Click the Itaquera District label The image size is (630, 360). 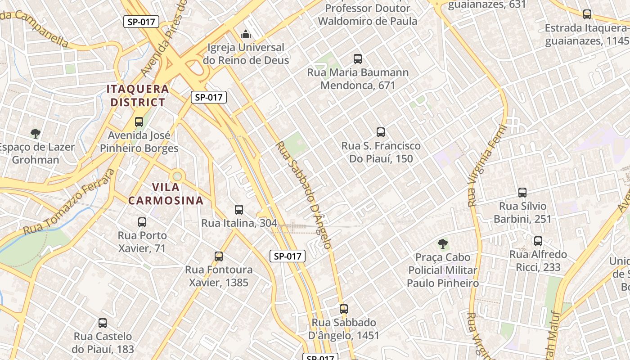pyautogui.click(x=138, y=95)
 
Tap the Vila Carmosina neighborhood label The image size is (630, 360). pyautogui.click(x=166, y=193)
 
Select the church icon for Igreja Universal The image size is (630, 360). pyautogui.click(x=245, y=34)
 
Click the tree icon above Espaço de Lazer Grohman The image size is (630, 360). pyautogui.click(x=36, y=133)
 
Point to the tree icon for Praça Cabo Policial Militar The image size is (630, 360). pyautogui.click(x=443, y=244)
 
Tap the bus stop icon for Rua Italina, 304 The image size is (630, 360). pyautogui.click(x=239, y=209)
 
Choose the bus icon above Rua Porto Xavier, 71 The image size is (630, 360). pyautogui.click(x=142, y=222)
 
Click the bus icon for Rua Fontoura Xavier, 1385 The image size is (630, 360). pyautogui.click(x=219, y=256)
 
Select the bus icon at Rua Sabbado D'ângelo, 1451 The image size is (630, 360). pyautogui.click(x=344, y=309)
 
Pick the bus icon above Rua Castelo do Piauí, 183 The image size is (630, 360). pyautogui.click(x=103, y=323)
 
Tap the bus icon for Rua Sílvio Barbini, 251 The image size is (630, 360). pyautogui.click(x=522, y=193)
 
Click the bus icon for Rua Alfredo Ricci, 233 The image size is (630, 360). pyautogui.click(x=538, y=241)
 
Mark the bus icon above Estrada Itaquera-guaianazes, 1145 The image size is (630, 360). pyautogui.click(x=587, y=14)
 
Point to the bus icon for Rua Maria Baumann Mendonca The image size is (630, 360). pyautogui.click(x=358, y=59)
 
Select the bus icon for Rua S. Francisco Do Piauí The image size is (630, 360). pyautogui.click(x=381, y=132)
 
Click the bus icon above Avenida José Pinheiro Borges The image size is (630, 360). pyautogui.click(x=139, y=122)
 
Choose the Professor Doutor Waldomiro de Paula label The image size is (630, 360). pyautogui.click(x=368, y=15)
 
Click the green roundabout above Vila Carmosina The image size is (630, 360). pyautogui.click(x=177, y=175)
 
